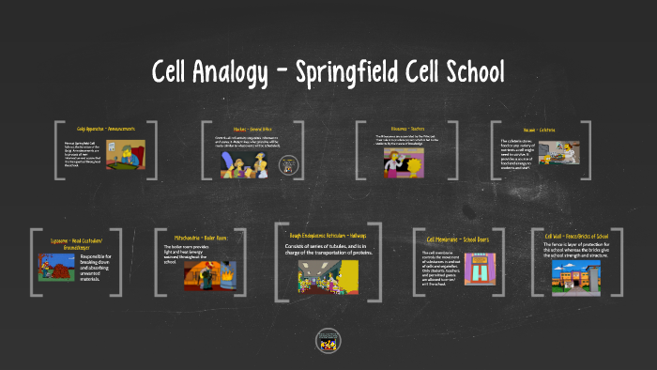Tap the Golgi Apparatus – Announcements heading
(105, 129)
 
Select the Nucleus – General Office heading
(251, 129)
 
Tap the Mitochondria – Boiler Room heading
(201, 239)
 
